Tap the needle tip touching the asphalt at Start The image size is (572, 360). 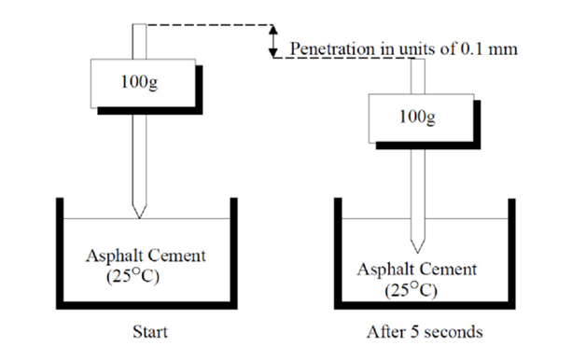click(139, 216)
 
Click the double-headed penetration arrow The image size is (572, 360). click(273, 41)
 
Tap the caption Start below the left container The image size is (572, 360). click(149, 331)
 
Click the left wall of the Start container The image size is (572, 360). click(60, 252)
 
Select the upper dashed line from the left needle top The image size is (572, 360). click(210, 25)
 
